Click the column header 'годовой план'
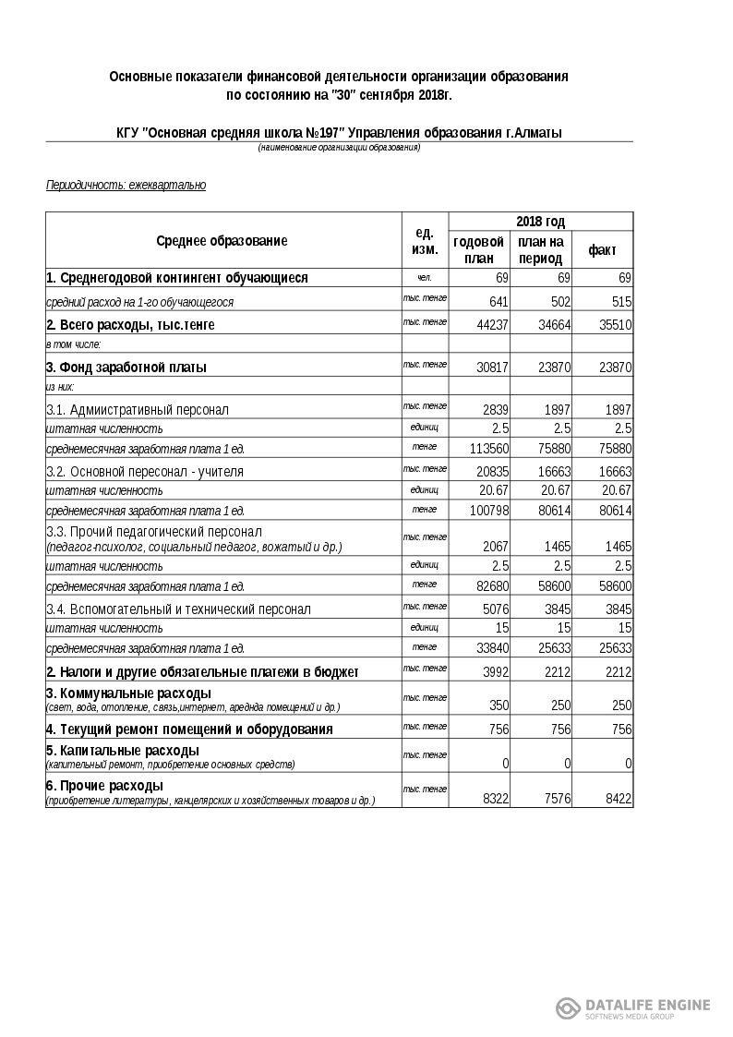479,250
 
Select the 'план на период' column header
540,250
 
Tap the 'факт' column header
602,250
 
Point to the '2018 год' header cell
540,222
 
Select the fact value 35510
612,325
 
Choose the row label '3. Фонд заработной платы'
126,368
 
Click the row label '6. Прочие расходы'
105,786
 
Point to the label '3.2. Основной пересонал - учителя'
145,472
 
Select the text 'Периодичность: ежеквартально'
126,186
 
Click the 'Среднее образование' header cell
222,241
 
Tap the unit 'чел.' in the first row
424,277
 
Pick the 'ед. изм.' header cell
425,241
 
